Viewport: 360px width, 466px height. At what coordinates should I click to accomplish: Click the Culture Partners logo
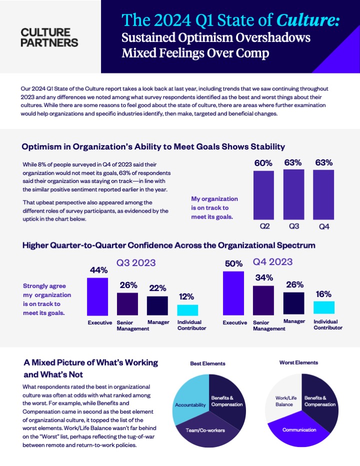pyautogui.click(x=50, y=37)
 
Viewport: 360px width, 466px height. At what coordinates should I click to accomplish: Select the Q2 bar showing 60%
pyautogui.click(x=263, y=193)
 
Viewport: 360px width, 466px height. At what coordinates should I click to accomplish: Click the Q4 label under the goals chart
pyautogui.click(x=324, y=226)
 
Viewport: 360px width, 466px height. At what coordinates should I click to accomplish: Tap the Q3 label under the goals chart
pyautogui.click(x=294, y=226)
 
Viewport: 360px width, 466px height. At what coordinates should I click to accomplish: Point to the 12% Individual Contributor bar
pyautogui.click(x=187, y=310)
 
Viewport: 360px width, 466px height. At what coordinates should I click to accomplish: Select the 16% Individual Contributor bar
pyautogui.click(x=324, y=307)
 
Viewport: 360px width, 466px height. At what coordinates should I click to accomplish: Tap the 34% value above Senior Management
pyautogui.click(x=263, y=277)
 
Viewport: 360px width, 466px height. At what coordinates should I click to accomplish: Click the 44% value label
pyautogui.click(x=98, y=270)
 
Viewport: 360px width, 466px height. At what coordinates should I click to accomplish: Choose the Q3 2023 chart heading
pyautogui.click(x=136, y=262)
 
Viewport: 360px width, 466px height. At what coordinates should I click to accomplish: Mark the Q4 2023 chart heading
pyautogui.click(x=272, y=261)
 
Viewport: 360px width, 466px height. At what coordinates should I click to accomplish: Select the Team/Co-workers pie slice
pyautogui.click(x=205, y=430)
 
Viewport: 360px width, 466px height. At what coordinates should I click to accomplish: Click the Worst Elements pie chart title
pyautogui.click(x=298, y=362)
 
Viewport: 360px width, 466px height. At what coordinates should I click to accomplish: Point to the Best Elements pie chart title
pyautogui.click(x=207, y=363)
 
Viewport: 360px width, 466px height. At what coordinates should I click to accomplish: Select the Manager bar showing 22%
pyautogui.click(x=157, y=305)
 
